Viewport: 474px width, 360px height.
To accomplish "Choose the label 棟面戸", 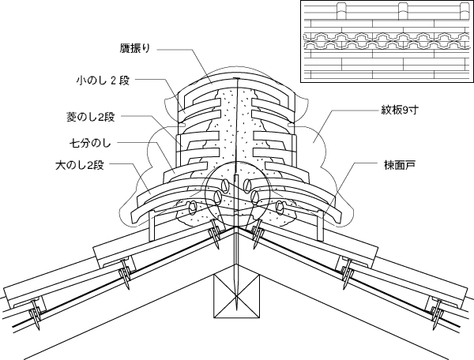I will click(393, 166).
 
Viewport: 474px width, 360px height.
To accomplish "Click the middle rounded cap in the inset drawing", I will click(403, 10).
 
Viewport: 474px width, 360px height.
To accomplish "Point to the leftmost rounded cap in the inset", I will click(342, 10).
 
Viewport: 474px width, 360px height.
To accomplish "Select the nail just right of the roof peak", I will click(258, 234).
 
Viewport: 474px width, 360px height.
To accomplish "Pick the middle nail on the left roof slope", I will click(123, 276).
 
